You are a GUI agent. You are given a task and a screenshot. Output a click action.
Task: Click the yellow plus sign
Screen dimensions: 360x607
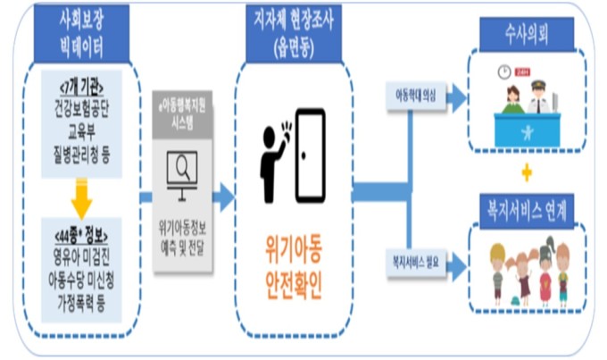pyautogui.click(x=526, y=171)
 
